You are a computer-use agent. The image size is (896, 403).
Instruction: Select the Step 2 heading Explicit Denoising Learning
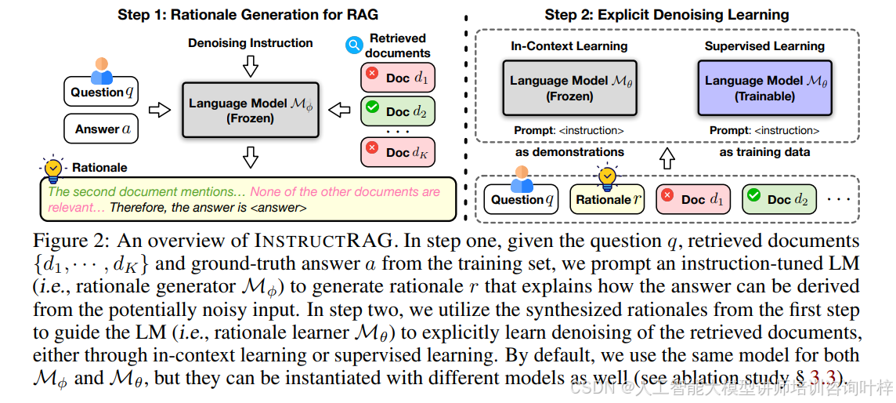[667, 14]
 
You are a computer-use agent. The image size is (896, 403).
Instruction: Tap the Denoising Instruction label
[250, 43]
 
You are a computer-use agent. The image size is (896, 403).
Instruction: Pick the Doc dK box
[398, 151]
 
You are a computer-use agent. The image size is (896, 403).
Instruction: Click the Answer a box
[100, 129]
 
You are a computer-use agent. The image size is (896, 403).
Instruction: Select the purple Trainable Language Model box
[764, 88]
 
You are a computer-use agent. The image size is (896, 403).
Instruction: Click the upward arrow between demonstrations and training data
[666, 159]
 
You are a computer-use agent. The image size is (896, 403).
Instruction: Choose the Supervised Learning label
[764, 46]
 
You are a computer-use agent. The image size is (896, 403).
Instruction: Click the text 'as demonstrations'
[569, 152]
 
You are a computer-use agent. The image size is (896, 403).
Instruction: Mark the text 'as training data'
[764, 152]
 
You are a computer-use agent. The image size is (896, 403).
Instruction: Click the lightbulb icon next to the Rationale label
[53, 167]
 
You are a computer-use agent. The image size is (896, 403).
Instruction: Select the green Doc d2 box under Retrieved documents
[398, 111]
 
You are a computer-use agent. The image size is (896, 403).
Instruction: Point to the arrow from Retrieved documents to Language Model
[338, 110]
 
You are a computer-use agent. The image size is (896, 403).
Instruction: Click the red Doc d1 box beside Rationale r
[692, 199]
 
